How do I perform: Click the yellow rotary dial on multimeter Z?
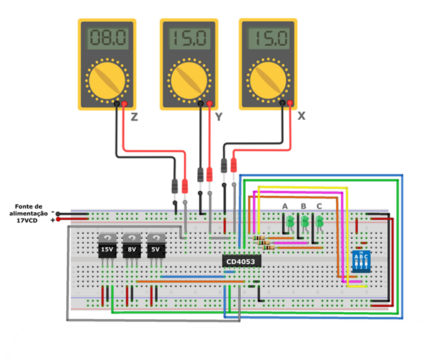[106, 80]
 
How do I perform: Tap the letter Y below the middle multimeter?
[218, 118]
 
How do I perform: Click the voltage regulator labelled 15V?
[107, 248]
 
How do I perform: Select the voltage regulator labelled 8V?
[132, 248]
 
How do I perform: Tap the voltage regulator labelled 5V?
[156, 248]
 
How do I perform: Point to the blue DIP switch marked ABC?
[361, 262]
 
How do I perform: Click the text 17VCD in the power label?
[27, 221]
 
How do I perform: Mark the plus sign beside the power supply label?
[52, 220]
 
